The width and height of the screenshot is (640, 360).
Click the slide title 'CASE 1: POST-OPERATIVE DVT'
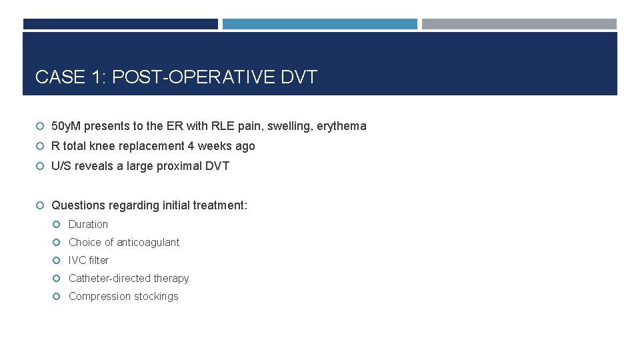pos(176,77)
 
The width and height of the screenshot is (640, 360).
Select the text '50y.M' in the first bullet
pos(66,126)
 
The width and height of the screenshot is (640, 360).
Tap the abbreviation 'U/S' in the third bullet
pos(61,166)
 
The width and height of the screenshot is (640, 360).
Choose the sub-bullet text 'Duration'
pos(88,224)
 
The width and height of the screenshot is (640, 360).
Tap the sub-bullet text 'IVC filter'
pos(89,260)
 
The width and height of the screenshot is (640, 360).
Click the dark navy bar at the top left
pos(121,24)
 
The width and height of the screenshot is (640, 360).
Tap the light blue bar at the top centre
pos(320,24)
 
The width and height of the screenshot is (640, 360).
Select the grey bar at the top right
pos(519,24)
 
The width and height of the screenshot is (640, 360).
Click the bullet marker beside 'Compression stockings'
pos(58,297)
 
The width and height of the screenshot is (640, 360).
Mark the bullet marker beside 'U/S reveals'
pos(41,167)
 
